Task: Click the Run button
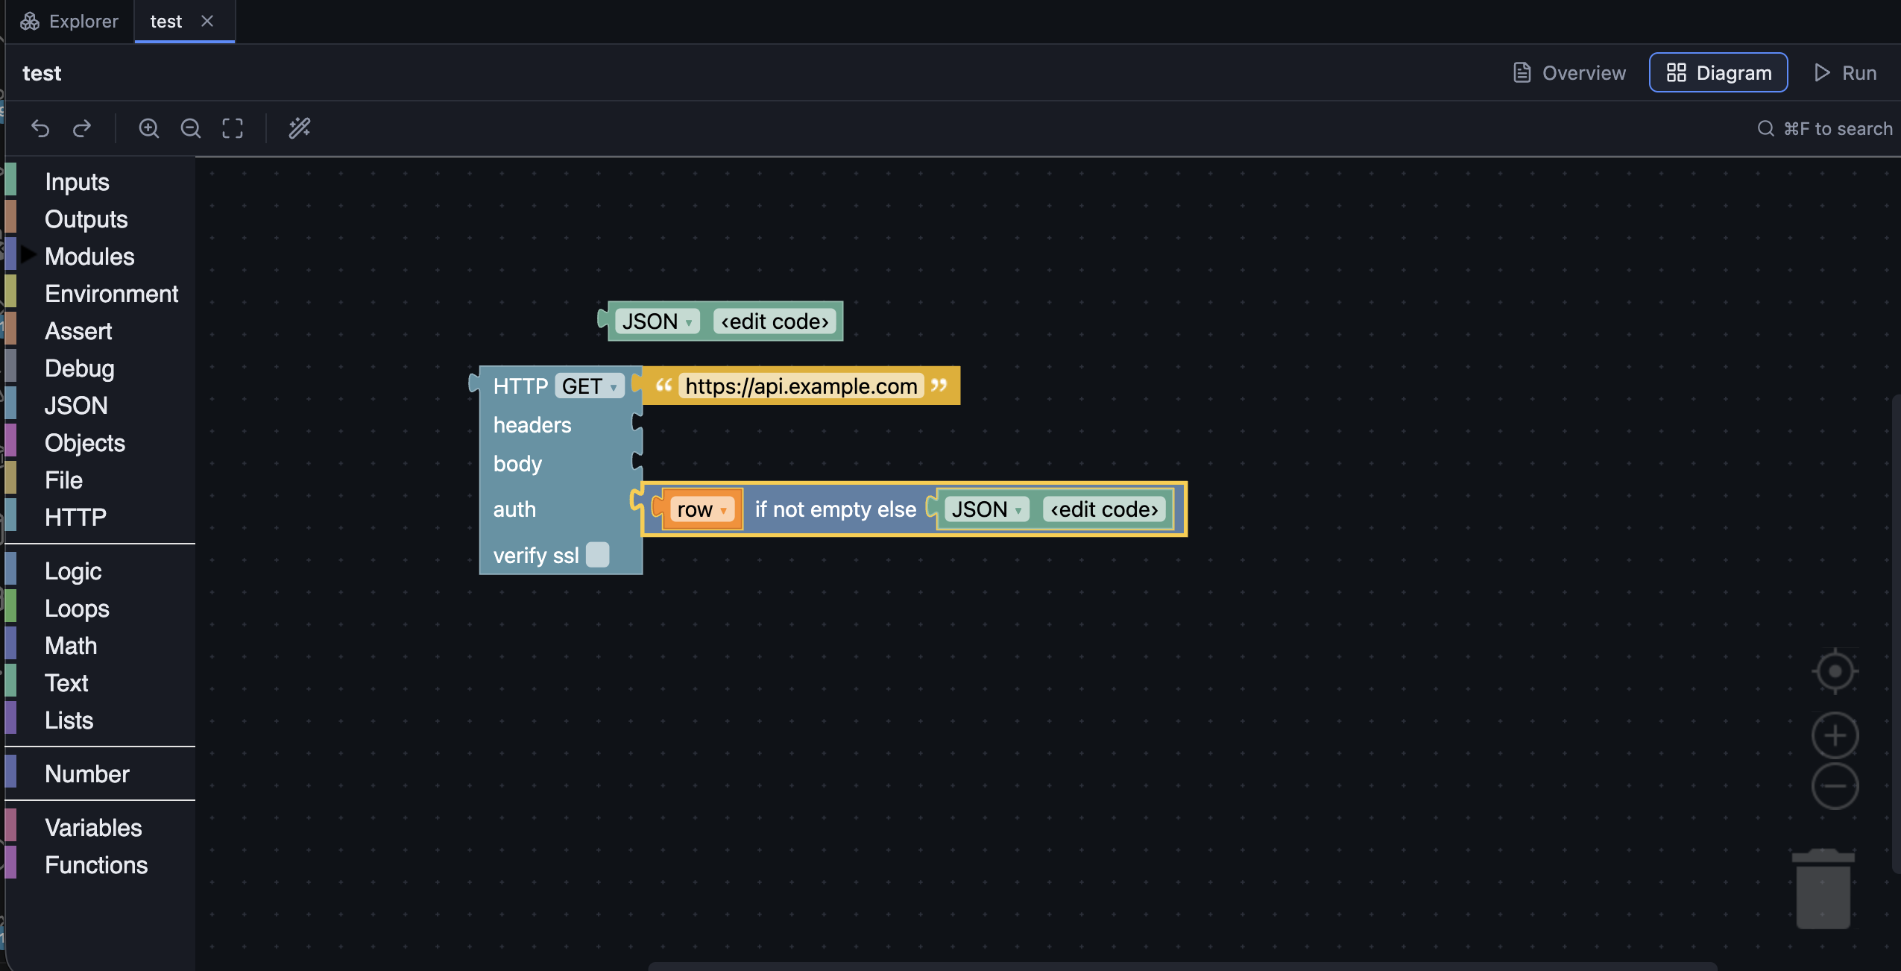click(1845, 72)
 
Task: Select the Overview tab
click(1569, 72)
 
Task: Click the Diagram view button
click(1718, 72)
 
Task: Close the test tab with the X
click(207, 21)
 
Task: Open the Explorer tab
click(69, 21)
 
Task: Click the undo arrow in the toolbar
click(40, 128)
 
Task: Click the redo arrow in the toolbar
click(82, 128)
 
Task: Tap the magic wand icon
click(300, 128)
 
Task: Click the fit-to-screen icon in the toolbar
click(233, 128)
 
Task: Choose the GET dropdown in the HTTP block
click(589, 386)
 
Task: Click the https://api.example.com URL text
click(801, 386)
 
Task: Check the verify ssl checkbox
click(598, 555)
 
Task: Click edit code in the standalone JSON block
click(775, 321)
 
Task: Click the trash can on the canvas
click(1823, 889)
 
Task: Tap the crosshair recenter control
click(1835, 671)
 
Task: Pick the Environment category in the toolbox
click(112, 294)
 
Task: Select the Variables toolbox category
click(93, 828)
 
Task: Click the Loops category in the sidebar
click(77, 609)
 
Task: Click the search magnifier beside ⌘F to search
click(1765, 128)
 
